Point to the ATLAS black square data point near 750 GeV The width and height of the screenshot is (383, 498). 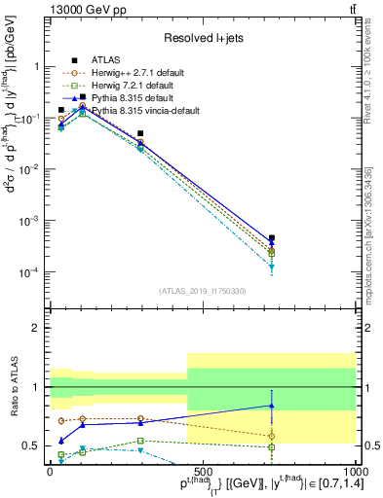[x=272, y=237]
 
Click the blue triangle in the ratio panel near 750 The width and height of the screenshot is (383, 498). [x=272, y=406]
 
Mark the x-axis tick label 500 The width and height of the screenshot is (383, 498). [x=202, y=470]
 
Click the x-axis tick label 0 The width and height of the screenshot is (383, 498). [x=51, y=470]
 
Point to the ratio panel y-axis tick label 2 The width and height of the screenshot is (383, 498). [x=37, y=328]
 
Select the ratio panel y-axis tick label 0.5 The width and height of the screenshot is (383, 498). [x=32, y=445]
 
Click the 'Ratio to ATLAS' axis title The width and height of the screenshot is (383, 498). [x=13, y=386]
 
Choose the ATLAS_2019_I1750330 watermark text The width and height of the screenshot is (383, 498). [x=202, y=291]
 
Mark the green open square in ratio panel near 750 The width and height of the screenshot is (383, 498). [x=272, y=447]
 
